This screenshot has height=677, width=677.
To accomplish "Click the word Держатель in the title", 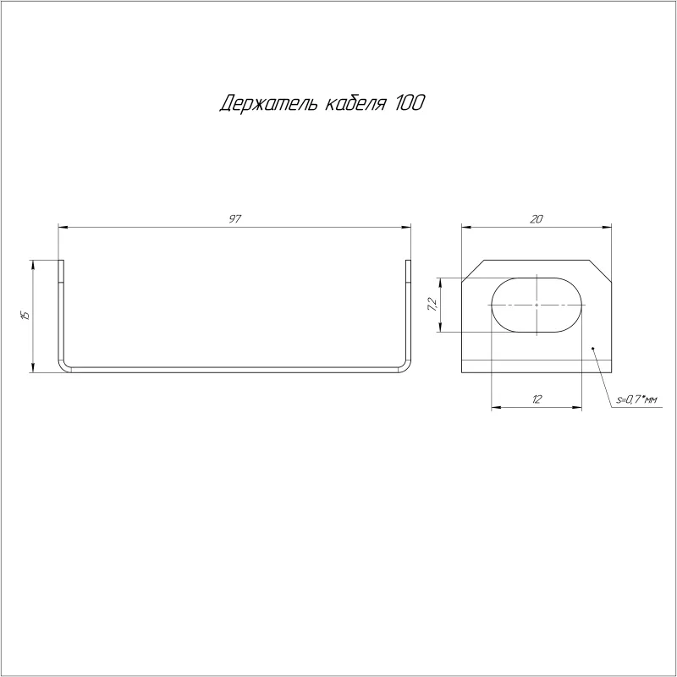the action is pos(268,103).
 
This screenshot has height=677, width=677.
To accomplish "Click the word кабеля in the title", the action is pos(355,103).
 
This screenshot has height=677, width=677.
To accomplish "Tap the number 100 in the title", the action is pos(410,102).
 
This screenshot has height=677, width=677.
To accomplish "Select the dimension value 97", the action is pos(234,219).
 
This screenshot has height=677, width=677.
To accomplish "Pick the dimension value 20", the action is pos(536,219).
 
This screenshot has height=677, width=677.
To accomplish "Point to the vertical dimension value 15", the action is pos(25,315).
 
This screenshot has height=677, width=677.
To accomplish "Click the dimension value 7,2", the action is pos(432,305).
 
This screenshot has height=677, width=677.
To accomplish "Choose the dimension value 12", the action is pos(537,399).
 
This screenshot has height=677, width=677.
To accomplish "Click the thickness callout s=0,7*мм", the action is pos(636,400).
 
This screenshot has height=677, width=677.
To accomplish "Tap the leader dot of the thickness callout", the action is pos(593,348).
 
